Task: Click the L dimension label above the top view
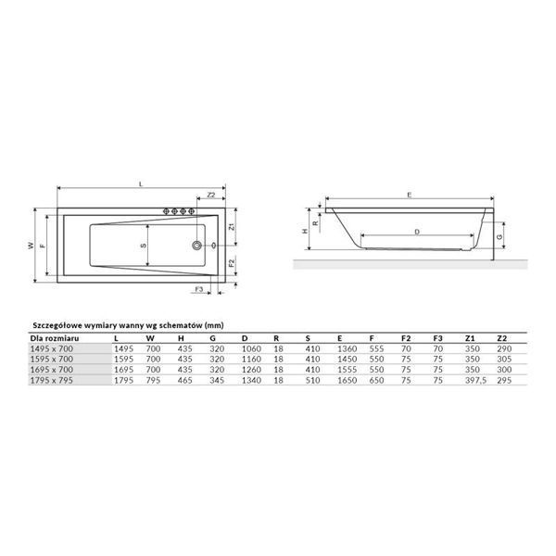pyautogui.click(x=141, y=183)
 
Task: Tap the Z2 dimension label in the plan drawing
pyautogui.click(x=211, y=195)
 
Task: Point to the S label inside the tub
pyautogui.click(x=144, y=246)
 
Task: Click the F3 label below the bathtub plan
pyautogui.click(x=199, y=289)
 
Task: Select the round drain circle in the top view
pyautogui.click(x=196, y=245)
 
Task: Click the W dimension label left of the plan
pyautogui.click(x=31, y=246)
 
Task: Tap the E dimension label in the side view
pyautogui.click(x=410, y=195)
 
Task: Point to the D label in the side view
pyautogui.click(x=417, y=232)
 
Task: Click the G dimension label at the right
pyautogui.click(x=500, y=236)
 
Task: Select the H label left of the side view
pyautogui.click(x=305, y=231)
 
